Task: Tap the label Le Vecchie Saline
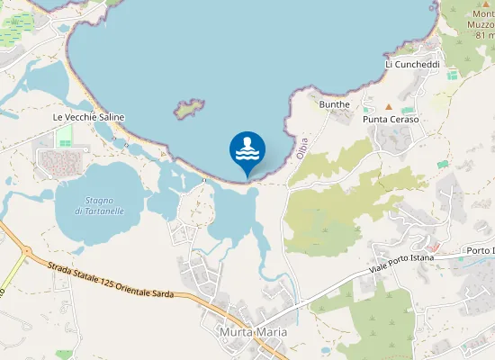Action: click(88, 118)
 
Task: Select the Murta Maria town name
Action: click(253, 332)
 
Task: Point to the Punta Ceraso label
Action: click(391, 120)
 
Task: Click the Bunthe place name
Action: click(335, 104)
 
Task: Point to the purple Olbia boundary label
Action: click(302, 148)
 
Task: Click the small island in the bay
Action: click(188, 110)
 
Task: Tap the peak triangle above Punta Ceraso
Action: click(389, 106)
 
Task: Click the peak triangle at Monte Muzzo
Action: click(486, 4)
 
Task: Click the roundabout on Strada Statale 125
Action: click(26, 251)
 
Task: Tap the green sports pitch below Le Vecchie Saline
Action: click(64, 138)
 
